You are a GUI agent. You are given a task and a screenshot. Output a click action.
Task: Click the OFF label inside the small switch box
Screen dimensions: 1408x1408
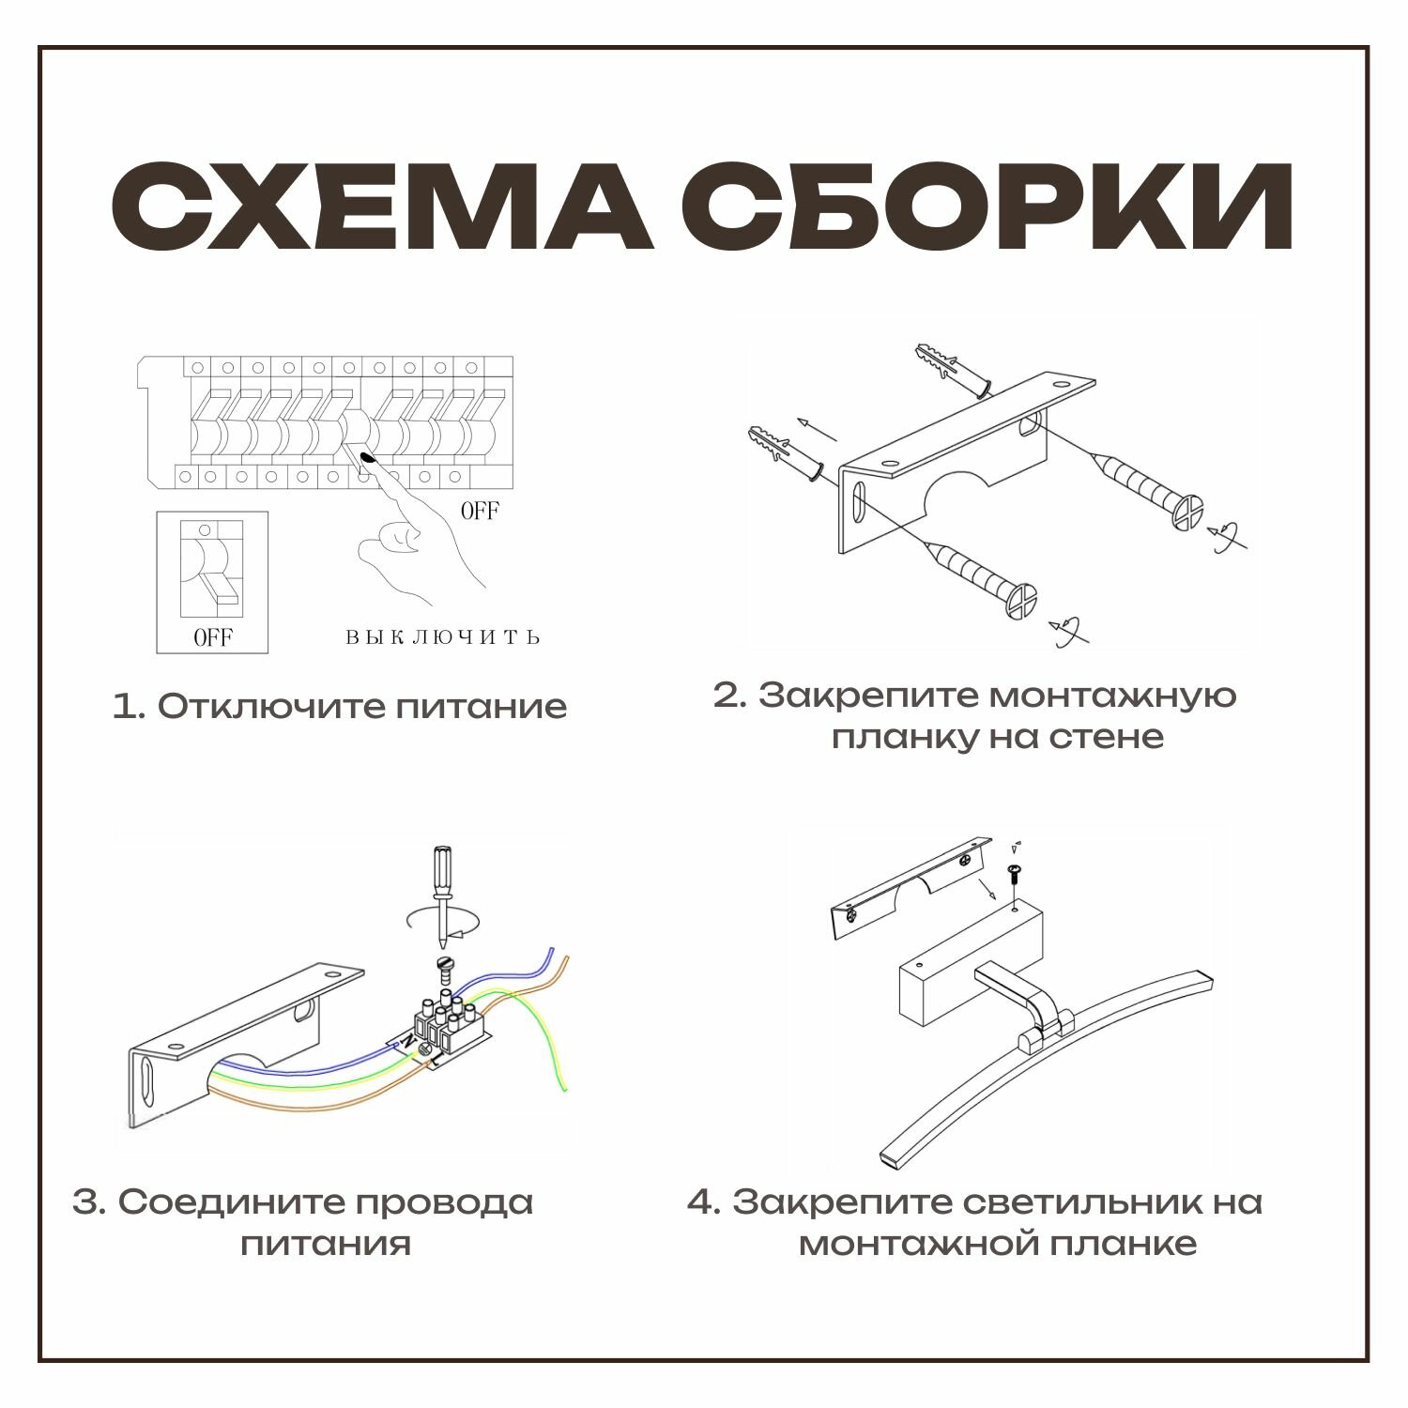tap(212, 638)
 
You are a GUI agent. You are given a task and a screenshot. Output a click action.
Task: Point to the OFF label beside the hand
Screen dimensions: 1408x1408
tap(479, 512)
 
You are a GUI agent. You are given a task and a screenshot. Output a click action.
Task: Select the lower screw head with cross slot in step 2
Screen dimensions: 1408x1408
tap(1020, 601)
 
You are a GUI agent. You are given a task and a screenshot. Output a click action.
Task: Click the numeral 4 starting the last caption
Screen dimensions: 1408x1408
tap(700, 1202)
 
